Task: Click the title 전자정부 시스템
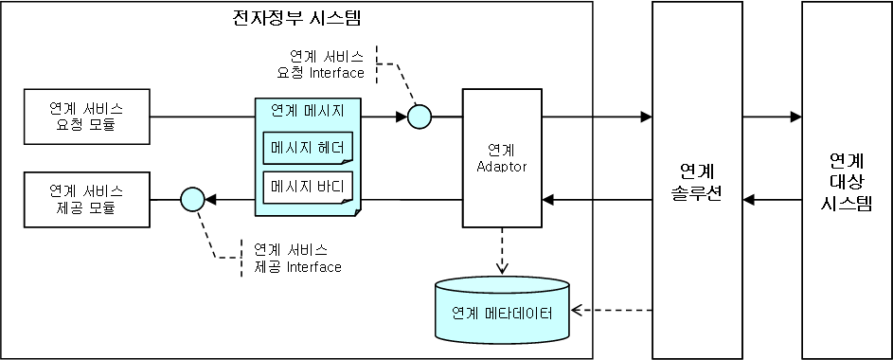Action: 295,18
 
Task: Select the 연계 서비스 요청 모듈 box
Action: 86,117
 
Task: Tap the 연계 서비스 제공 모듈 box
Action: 86,199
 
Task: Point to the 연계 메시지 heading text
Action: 307,110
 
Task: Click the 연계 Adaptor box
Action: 501,158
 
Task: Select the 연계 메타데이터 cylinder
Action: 501,311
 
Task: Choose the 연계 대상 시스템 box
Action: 847,180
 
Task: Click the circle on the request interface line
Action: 419,117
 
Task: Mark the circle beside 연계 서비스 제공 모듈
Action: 192,199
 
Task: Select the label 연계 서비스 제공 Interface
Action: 297,258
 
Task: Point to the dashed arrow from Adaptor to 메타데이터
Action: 501,251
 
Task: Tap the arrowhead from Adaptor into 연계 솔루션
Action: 646,117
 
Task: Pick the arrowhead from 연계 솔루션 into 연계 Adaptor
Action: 546,199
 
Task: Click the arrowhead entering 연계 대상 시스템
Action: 795,117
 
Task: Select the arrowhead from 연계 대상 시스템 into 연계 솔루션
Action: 749,199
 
